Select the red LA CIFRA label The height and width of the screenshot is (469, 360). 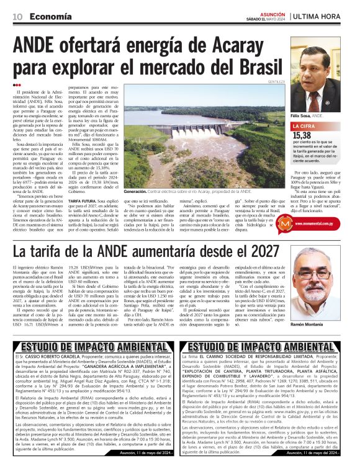coord(308,126)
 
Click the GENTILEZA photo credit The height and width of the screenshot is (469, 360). coord(277,82)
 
